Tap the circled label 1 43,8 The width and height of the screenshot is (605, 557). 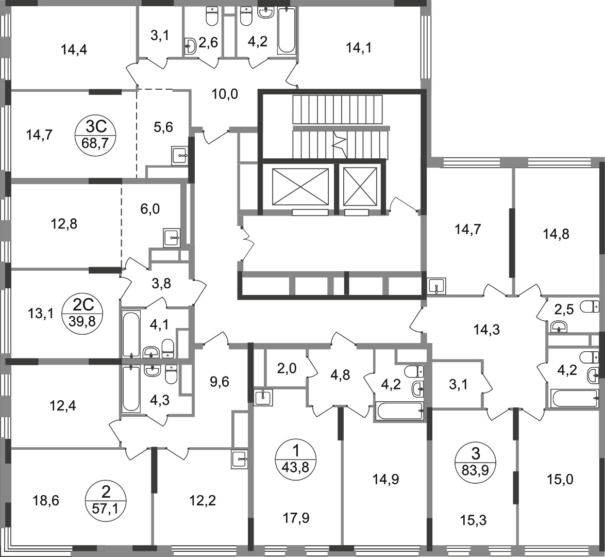[296, 459]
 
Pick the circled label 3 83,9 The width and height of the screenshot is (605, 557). [476, 460]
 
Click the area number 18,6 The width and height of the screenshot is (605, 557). [46, 501]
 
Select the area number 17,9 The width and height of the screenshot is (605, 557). [296, 518]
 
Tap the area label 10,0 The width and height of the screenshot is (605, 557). [225, 94]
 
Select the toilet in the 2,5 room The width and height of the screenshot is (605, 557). [591, 306]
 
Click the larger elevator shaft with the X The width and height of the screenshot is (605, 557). [300, 187]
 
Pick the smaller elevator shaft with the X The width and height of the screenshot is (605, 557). [360, 187]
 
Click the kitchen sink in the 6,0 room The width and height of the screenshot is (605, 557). [172, 238]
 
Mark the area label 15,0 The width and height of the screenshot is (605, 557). [560, 480]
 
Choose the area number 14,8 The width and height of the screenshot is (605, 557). [556, 234]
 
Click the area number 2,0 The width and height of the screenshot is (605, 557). [287, 369]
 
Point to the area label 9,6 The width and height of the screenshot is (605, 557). [219, 382]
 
